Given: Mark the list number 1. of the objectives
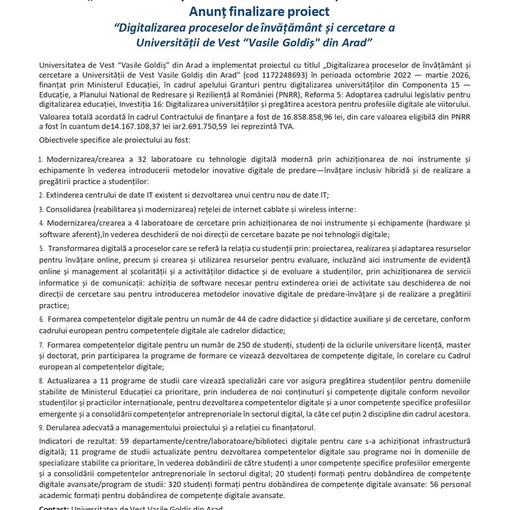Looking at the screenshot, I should click(41, 160).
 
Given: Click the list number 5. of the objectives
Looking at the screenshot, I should click(41, 247).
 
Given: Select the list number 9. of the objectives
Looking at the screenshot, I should click(41, 426).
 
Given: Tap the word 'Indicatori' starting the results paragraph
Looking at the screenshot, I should click(58, 441).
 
